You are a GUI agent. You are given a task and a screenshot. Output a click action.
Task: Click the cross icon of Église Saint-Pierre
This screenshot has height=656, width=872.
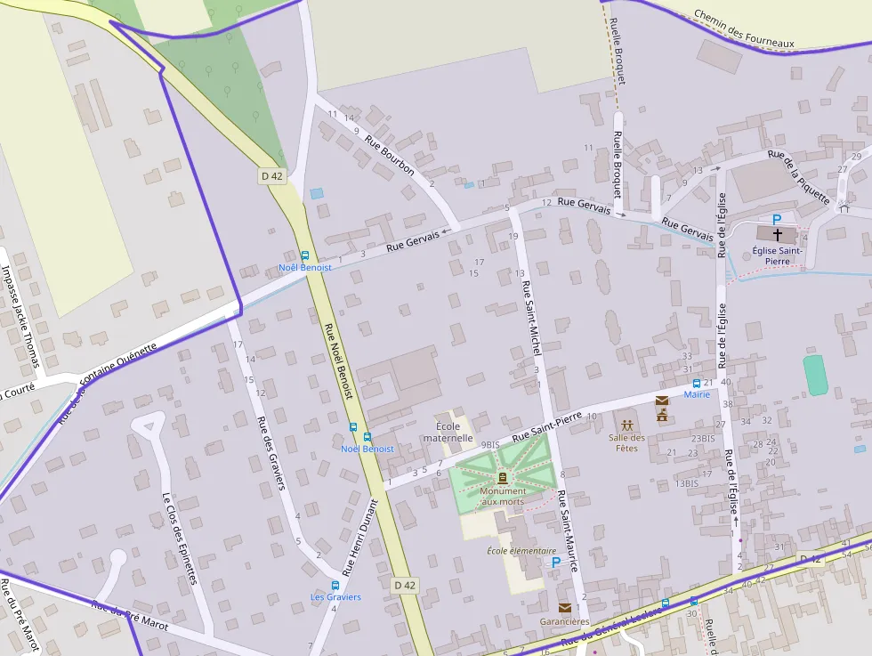tap(778, 234)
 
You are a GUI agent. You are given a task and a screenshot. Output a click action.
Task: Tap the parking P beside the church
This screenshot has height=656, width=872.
tap(777, 219)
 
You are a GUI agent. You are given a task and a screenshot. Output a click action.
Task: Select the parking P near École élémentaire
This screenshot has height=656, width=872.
tap(556, 562)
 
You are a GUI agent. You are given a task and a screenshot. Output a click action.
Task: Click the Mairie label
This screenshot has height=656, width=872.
tap(697, 394)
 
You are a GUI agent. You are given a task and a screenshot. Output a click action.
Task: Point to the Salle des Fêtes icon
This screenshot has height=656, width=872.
tap(627, 425)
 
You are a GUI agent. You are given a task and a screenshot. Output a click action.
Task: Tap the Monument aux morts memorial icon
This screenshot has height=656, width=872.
tap(503, 478)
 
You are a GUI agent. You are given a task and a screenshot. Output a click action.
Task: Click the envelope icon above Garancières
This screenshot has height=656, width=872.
tap(564, 608)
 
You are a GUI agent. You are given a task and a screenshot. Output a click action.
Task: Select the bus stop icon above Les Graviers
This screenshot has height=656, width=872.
tap(335, 585)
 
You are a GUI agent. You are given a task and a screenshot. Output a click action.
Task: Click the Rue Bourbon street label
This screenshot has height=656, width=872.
tap(398, 157)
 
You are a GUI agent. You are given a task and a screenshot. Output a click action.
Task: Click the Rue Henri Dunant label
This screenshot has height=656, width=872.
tap(362, 539)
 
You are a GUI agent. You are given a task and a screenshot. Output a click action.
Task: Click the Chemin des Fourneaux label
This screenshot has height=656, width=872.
tap(743, 29)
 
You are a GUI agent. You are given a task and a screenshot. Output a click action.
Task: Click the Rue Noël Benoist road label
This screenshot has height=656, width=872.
tap(339, 360)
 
